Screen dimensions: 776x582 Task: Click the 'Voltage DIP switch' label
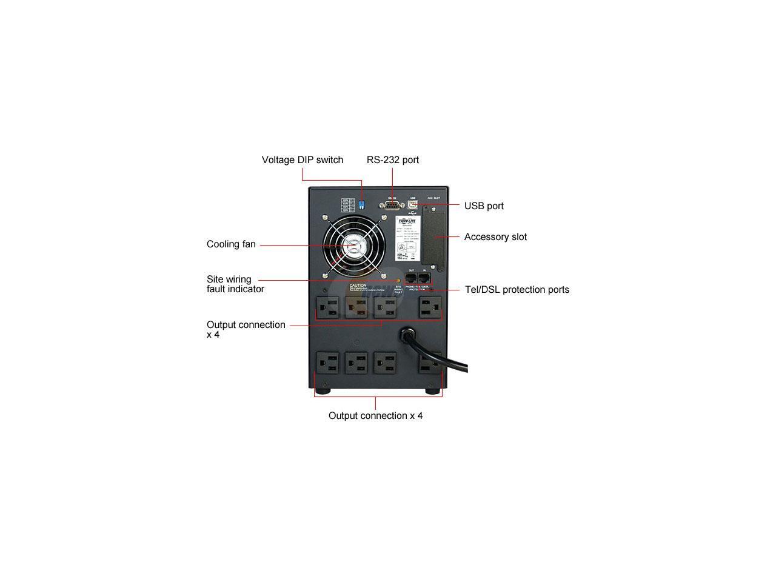pyautogui.click(x=302, y=160)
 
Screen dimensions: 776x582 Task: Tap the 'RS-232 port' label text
pyautogui.click(x=392, y=160)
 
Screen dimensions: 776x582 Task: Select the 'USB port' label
pyautogui.click(x=484, y=206)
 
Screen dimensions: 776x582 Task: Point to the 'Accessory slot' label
pyautogui.click(x=495, y=237)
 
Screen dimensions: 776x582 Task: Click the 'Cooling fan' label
pyautogui.click(x=231, y=244)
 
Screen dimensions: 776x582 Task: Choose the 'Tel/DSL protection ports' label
pyautogui.click(x=517, y=290)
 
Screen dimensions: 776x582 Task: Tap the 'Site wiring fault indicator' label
pyautogui.click(x=235, y=284)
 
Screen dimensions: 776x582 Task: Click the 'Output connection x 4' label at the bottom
pyautogui.click(x=375, y=416)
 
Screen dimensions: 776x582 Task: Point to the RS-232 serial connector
pyautogui.click(x=392, y=206)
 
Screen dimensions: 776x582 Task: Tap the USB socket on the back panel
pyautogui.click(x=412, y=206)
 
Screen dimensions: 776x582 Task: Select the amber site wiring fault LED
pyautogui.click(x=398, y=280)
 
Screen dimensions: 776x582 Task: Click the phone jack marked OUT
pyautogui.click(x=411, y=278)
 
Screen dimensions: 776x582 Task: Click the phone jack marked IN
pyautogui.click(x=424, y=278)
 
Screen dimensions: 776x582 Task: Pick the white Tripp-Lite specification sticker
pyautogui.click(x=406, y=238)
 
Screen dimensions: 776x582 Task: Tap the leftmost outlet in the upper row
pyautogui.click(x=327, y=307)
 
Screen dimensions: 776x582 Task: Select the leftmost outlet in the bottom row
pyautogui.click(x=327, y=364)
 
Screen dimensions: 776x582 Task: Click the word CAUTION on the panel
pyautogui.click(x=358, y=286)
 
